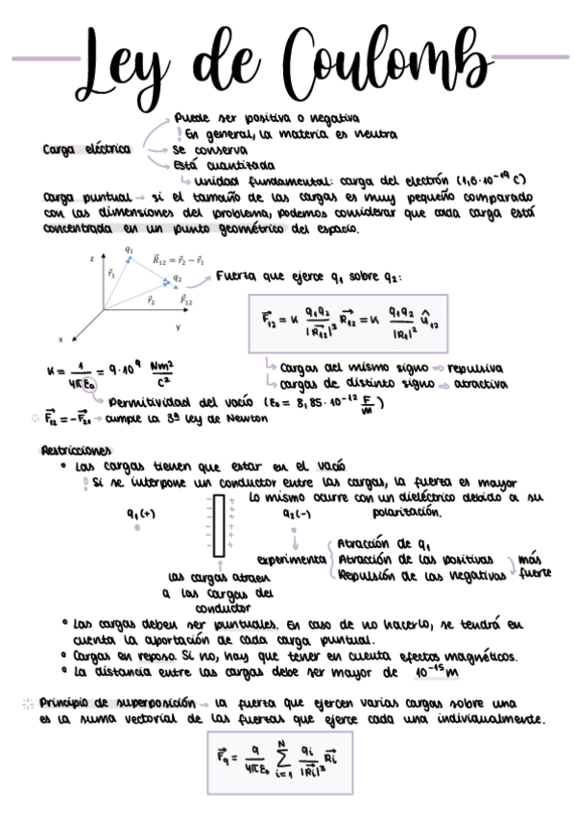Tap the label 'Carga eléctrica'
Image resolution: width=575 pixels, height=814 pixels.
(x=86, y=150)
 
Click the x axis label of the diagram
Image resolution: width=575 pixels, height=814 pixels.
(x=60, y=339)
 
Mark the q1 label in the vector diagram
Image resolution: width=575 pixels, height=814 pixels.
(x=130, y=250)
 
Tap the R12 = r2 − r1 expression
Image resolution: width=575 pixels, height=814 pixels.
(x=178, y=260)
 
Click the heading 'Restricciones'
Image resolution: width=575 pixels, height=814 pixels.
(x=76, y=450)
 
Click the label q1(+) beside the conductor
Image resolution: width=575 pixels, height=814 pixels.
(x=141, y=514)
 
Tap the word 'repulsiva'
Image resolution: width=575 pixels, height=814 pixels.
(x=481, y=368)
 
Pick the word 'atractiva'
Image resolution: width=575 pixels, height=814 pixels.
(x=481, y=383)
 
